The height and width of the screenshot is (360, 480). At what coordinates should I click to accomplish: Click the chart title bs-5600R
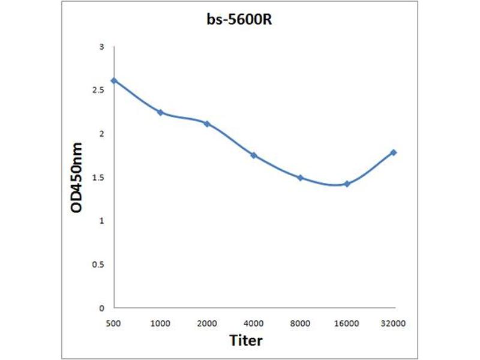(x=240, y=20)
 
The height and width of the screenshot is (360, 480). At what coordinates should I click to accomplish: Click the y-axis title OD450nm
(x=77, y=178)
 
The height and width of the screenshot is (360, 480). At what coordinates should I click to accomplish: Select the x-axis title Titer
(x=246, y=340)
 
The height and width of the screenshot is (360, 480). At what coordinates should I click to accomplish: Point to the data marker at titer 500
(x=114, y=80)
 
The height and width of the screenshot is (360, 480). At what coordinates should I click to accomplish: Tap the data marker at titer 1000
(x=160, y=112)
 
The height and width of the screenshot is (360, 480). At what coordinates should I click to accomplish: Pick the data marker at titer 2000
(x=207, y=124)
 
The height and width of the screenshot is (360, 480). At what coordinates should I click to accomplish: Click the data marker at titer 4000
(x=254, y=155)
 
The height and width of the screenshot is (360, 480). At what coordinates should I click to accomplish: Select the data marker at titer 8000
(x=300, y=178)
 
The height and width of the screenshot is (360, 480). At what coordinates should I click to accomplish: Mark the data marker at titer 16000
(x=347, y=184)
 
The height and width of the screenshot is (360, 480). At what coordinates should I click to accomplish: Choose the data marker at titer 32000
(x=394, y=152)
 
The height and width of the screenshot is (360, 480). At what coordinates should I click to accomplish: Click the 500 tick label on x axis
(x=113, y=323)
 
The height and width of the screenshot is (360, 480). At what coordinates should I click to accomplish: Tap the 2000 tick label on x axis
(x=207, y=323)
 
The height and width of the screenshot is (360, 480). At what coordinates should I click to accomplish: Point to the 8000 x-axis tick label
(x=300, y=323)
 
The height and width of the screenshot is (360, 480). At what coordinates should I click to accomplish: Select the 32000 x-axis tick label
(x=394, y=323)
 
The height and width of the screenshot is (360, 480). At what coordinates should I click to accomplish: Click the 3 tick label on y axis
(x=102, y=47)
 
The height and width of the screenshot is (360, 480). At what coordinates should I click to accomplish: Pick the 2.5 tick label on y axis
(x=99, y=91)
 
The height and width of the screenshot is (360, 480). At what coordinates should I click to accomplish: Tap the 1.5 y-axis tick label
(x=99, y=178)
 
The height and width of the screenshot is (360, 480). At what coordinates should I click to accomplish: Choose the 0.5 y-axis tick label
(x=99, y=265)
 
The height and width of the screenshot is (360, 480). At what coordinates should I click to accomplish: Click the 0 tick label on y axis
(x=102, y=308)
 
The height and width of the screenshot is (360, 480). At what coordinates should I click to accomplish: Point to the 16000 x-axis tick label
(x=347, y=323)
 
